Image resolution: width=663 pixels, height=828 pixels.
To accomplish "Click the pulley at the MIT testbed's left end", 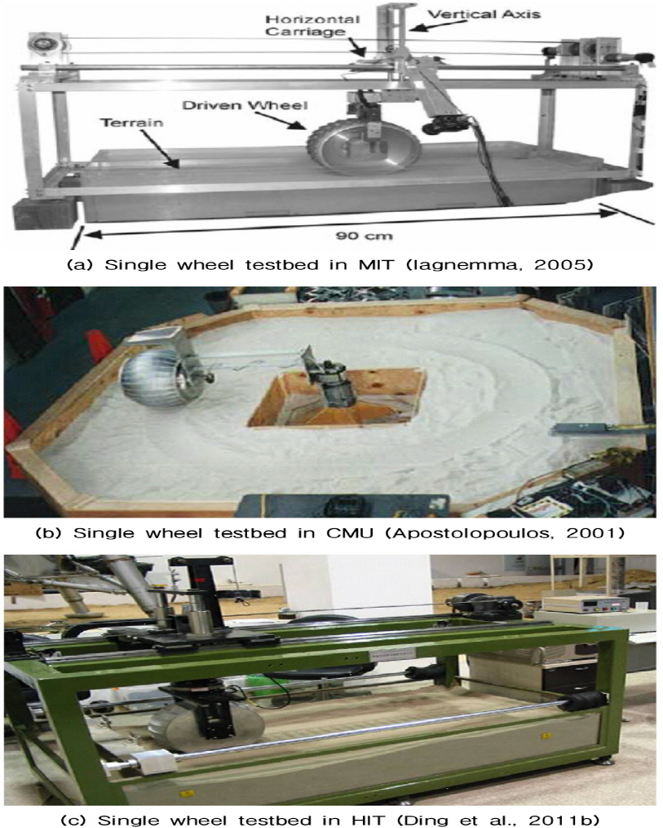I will point(39,41).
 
